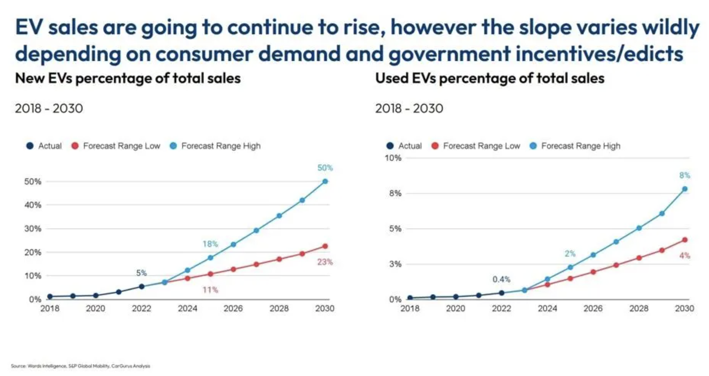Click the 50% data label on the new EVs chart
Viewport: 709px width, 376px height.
coord(325,168)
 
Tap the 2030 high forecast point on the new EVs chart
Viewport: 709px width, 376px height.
coord(325,181)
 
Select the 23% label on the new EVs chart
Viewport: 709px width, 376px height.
coord(325,262)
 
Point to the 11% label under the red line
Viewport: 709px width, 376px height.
coord(210,290)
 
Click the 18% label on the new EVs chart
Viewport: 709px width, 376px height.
coord(210,244)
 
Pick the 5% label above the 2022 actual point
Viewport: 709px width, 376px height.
coord(142,273)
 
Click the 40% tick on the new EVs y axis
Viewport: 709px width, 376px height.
coord(33,205)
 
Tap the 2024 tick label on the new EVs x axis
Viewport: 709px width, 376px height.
coord(187,308)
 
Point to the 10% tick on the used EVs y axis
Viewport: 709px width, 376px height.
coord(393,158)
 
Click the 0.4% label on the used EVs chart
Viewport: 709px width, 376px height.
coord(501,280)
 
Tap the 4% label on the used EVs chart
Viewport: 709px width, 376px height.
coord(685,256)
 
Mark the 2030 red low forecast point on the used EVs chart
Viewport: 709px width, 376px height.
coord(685,240)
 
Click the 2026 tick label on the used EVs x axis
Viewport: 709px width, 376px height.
coord(593,308)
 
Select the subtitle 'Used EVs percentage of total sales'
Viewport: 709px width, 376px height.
coord(489,78)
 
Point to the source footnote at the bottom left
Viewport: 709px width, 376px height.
coord(80,366)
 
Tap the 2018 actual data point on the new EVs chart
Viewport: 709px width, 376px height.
coord(50,296)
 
